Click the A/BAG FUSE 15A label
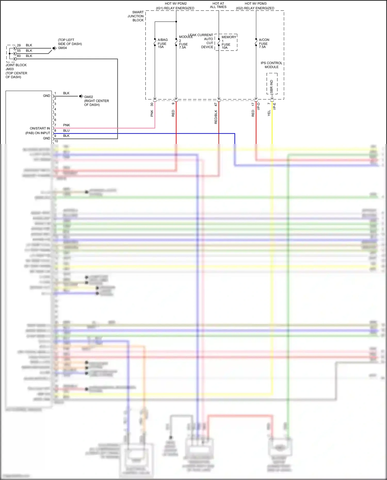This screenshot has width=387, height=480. pyautogui.click(x=162, y=43)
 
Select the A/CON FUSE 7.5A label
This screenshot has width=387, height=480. pyautogui.click(x=264, y=43)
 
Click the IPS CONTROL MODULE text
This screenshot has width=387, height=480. pyautogui.click(x=271, y=65)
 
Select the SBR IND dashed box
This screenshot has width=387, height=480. pyautogui.click(x=272, y=84)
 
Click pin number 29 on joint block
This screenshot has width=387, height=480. pyautogui.click(x=19, y=45)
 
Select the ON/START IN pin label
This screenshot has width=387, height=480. pyautogui.click(x=40, y=128)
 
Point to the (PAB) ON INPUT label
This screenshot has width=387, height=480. pyautogui.click(x=38, y=133)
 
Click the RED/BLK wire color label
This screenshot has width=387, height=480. pyautogui.click(x=216, y=117)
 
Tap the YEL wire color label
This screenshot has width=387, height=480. pyautogui.click(x=269, y=113)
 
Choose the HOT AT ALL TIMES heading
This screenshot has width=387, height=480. pyautogui.click(x=218, y=5)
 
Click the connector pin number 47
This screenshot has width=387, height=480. pyautogui.click(x=216, y=104)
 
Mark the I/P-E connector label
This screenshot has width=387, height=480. pyautogui.click(x=275, y=106)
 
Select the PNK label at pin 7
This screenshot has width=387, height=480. pyautogui.click(x=67, y=125)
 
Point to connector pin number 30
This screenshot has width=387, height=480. pyautogui.click(x=152, y=104)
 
